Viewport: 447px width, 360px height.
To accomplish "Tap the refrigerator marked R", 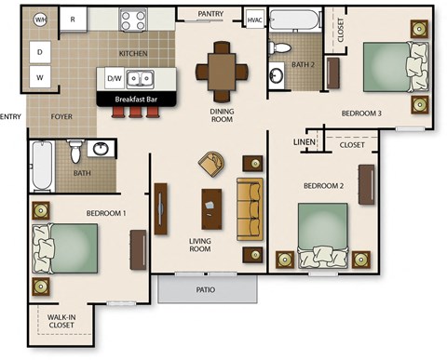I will [x=73, y=19].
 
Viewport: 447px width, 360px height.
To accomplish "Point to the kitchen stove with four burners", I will [x=133, y=19].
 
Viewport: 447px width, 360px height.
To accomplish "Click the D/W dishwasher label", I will [x=114, y=79].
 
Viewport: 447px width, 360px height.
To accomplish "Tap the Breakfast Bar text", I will [x=136, y=98].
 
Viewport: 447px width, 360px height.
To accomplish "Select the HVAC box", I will [x=254, y=20].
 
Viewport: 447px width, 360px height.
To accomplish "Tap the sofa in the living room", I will [x=250, y=209].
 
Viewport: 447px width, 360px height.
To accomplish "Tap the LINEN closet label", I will [x=305, y=142].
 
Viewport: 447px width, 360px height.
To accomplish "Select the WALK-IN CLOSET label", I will [x=61, y=322].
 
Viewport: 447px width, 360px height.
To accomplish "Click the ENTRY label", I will [x=10, y=116].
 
